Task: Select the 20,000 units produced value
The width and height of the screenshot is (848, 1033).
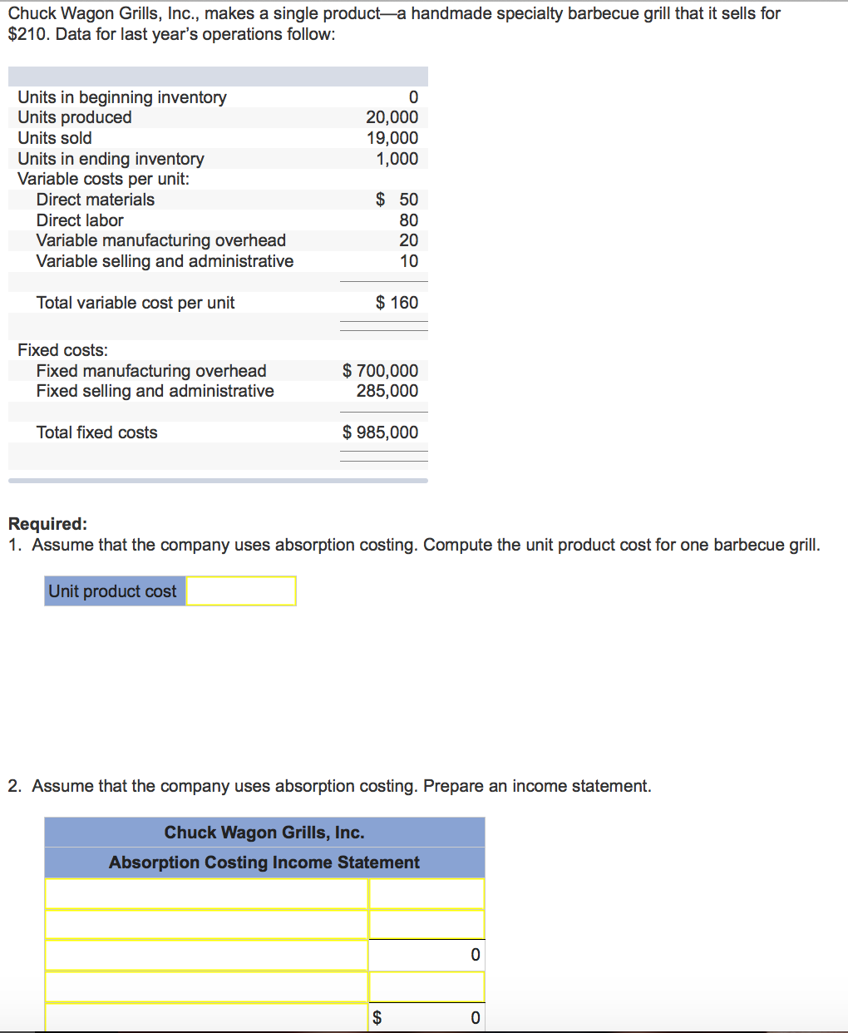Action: tap(392, 117)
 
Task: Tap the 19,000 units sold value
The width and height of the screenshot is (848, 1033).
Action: tap(392, 138)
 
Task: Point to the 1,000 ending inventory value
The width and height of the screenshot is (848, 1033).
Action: tap(397, 159)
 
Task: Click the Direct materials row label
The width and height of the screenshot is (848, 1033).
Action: tap(96, 200)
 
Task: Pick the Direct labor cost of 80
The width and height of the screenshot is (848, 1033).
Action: tap(408, 220)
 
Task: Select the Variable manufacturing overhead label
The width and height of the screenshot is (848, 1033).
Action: tap(160, 240)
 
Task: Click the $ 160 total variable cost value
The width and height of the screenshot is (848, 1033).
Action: tap(397, 303)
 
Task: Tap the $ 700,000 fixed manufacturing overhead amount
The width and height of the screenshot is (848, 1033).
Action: tap(380, 371)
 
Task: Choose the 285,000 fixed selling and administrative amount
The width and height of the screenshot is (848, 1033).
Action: tap(387, 391)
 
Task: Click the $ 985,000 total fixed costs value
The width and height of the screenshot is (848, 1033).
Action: tap(380, 432)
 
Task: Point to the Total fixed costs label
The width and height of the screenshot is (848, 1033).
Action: tap(96, 432)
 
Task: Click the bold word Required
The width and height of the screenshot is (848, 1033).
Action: tap(47, 524)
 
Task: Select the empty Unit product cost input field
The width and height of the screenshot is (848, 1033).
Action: tap(241, 591)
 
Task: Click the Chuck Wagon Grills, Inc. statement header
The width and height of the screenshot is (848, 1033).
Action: tap(264, 833)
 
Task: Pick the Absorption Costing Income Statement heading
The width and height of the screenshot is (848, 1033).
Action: tap(264, 862)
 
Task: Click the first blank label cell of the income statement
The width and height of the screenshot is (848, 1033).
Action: tap(206, 894)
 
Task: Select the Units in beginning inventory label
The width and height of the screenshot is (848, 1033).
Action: tap(122, 97)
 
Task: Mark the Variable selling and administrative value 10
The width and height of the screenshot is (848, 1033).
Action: tap(408, 261)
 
